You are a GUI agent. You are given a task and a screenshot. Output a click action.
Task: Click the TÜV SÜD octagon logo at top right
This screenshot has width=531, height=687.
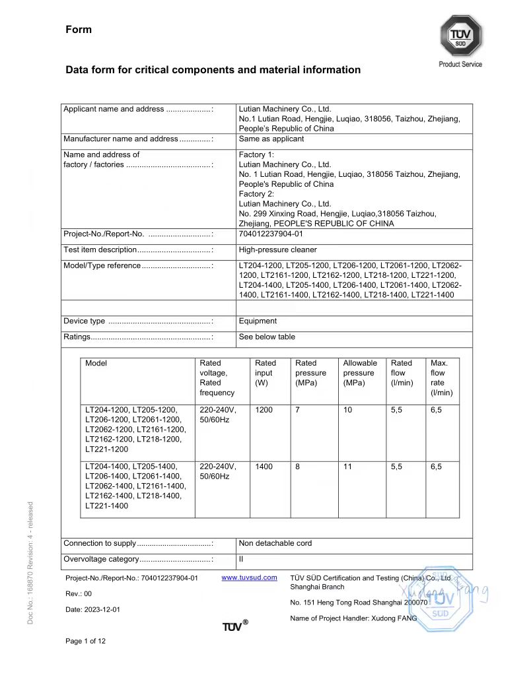click(x=461, y=36)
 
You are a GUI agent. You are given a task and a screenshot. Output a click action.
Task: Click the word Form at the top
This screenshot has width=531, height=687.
click(x=79, y=30)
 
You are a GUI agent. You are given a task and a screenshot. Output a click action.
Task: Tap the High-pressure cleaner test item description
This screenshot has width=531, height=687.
click(x=277, y=250)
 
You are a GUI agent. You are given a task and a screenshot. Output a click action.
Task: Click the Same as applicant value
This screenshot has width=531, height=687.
click(x=271, y=139)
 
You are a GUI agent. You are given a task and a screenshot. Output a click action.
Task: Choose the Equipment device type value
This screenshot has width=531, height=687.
click(x=258, y=321)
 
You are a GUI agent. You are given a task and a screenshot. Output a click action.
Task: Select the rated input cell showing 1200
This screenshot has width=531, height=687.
click(x=264, y=410)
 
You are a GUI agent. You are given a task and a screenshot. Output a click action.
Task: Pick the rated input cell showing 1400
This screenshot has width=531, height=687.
click(x=264, y=467)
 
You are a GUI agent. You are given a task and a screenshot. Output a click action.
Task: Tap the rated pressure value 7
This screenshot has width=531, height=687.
click(x=298, y=410)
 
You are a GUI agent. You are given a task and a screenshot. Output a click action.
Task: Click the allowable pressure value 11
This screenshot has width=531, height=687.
click(x=347, y=467)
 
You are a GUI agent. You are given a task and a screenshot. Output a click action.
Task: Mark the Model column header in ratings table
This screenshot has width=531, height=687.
click(x=96, y=363)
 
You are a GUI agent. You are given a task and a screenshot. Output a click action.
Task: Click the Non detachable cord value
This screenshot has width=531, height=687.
click(x=275, y=544)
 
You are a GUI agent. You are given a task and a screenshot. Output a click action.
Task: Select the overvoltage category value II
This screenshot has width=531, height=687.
click(x=241, y=560)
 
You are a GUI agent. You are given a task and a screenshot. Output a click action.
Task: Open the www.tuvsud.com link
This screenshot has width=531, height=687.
click(x=249, y=578)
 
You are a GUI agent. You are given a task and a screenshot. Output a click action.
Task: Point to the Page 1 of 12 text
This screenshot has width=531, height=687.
click(x=86, y=641)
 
